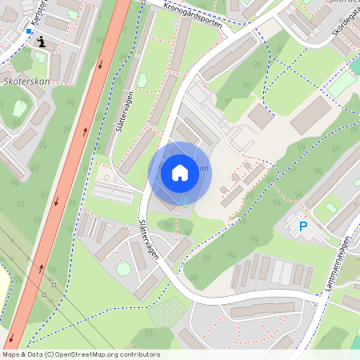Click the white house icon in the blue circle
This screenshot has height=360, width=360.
180,172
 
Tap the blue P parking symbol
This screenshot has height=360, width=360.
303,226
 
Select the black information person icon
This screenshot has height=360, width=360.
41,40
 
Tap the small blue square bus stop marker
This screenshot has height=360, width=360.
29,31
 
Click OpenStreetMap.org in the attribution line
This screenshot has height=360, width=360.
94,354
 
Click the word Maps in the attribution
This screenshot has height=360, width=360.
11,354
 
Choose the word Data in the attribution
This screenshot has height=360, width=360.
34,354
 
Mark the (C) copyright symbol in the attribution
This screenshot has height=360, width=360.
50,354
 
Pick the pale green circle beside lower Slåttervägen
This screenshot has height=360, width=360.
123,269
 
